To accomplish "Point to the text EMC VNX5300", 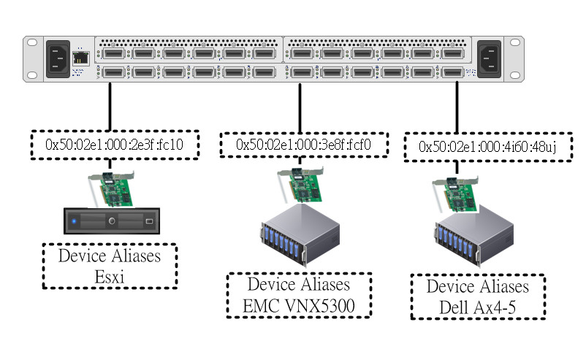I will pyautogui.click(x=299, y=305).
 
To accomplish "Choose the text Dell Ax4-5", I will pyautogui.click(x=479, y=306).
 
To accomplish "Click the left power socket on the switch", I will pyautogui.click(x=59, y=58).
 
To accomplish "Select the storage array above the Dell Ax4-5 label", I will pyautogui.click(x=476, y=237).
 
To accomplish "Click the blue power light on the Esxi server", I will pyautogui.click(x=75, y=221).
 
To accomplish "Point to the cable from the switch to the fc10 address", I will pyautogui.click(x=110, y=106).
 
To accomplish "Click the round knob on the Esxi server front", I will pyautogui.click(x=112, y=221).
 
